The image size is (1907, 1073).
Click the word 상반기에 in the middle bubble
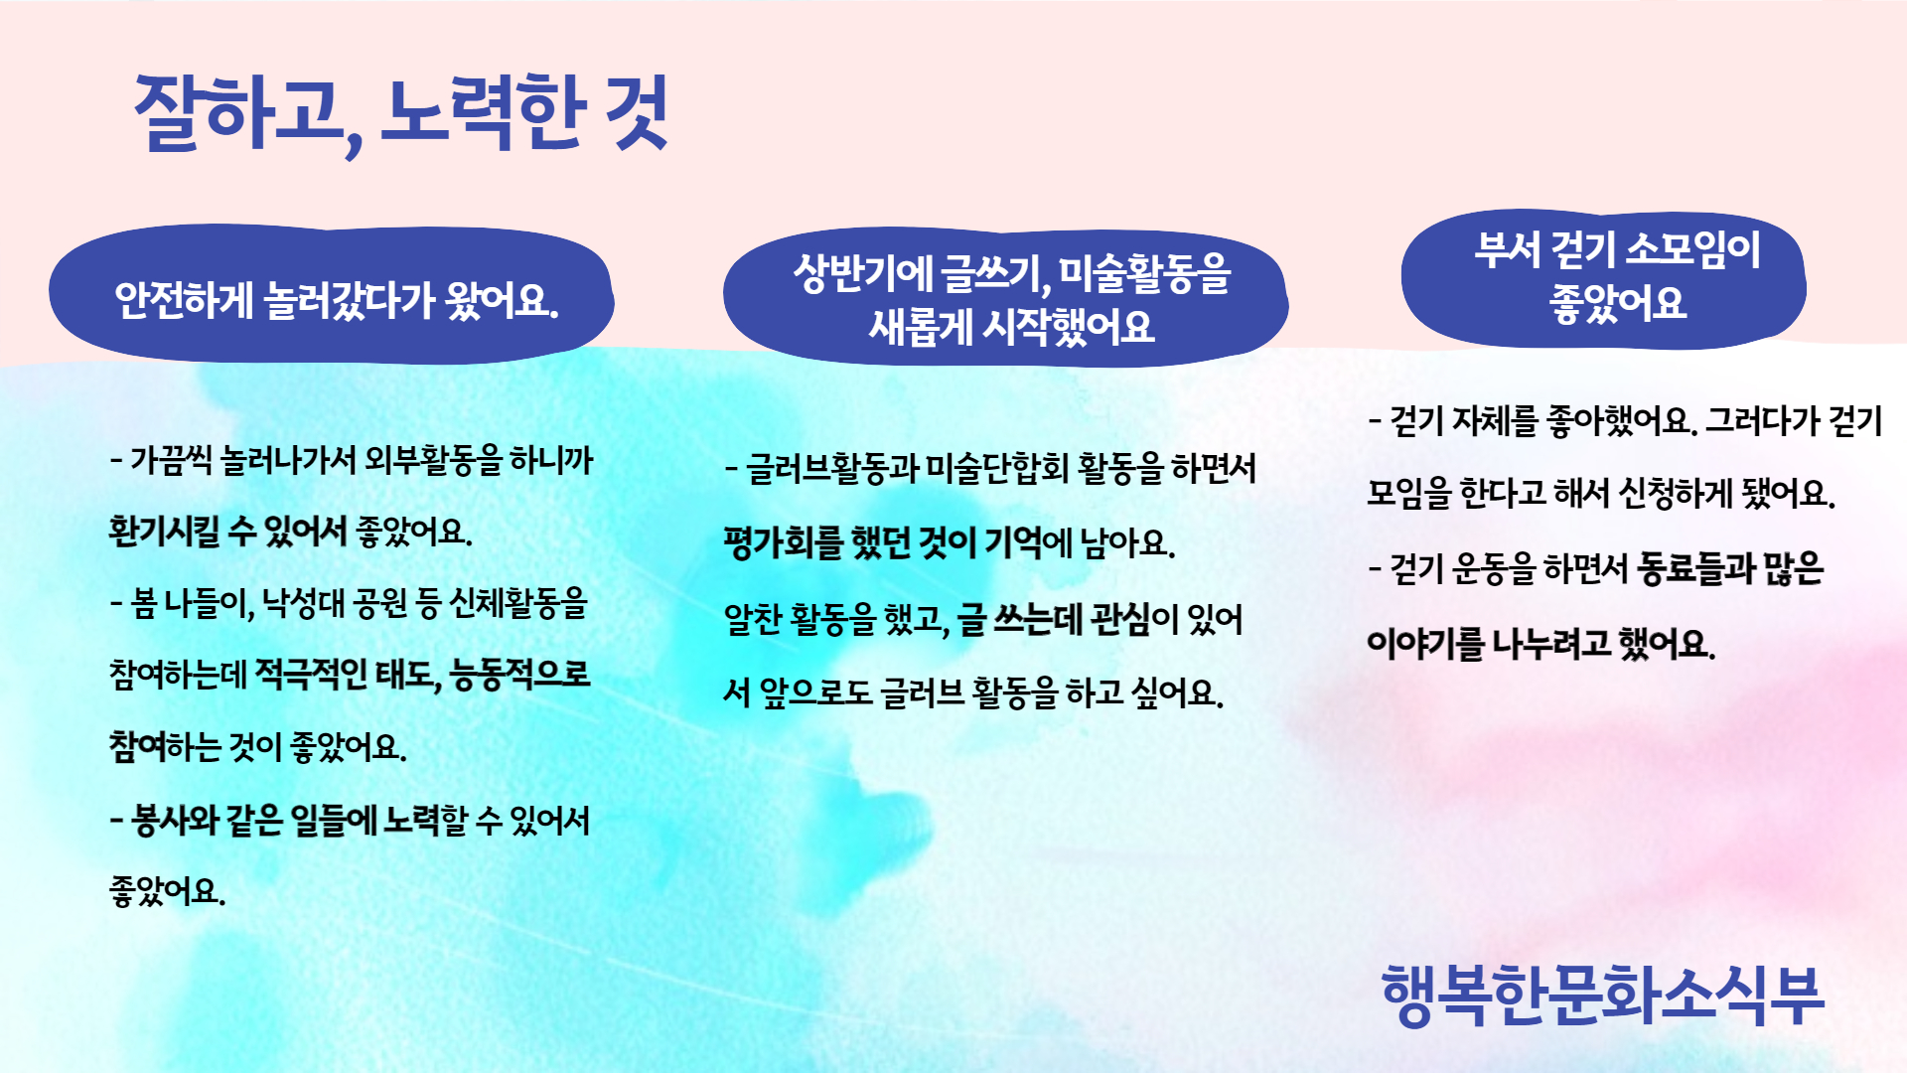click(862, 273)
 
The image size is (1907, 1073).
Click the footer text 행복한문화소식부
click(1603, 995)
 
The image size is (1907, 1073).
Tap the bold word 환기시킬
click(164, 532)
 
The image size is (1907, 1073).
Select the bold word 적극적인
click(311, 675)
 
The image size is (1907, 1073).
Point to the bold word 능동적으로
click(519, 675)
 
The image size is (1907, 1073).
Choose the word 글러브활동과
click(832, 468)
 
